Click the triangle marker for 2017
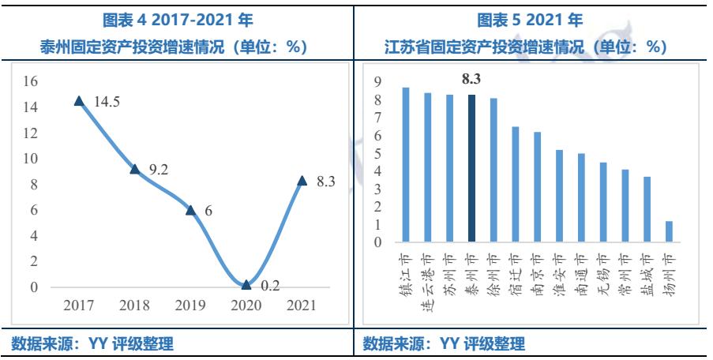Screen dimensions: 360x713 pos(79,100)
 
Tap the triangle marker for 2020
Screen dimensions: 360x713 pos(246,284)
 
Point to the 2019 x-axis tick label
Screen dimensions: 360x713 pos(190,306)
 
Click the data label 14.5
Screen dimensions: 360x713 pos(107,103)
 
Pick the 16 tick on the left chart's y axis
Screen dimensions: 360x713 pos(31,81)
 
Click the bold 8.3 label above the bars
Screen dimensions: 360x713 pos(471,79)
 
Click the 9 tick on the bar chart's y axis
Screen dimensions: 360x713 pos(377,82)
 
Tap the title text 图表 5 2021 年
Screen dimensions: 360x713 pos(531,20)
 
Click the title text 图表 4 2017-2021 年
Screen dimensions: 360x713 pos(178,20)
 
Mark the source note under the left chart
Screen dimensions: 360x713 pos(92,343)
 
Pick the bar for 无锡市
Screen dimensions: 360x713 pos(603,201)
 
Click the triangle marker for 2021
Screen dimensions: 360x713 pos(302,180)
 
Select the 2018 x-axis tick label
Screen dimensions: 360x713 pos(134,306)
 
